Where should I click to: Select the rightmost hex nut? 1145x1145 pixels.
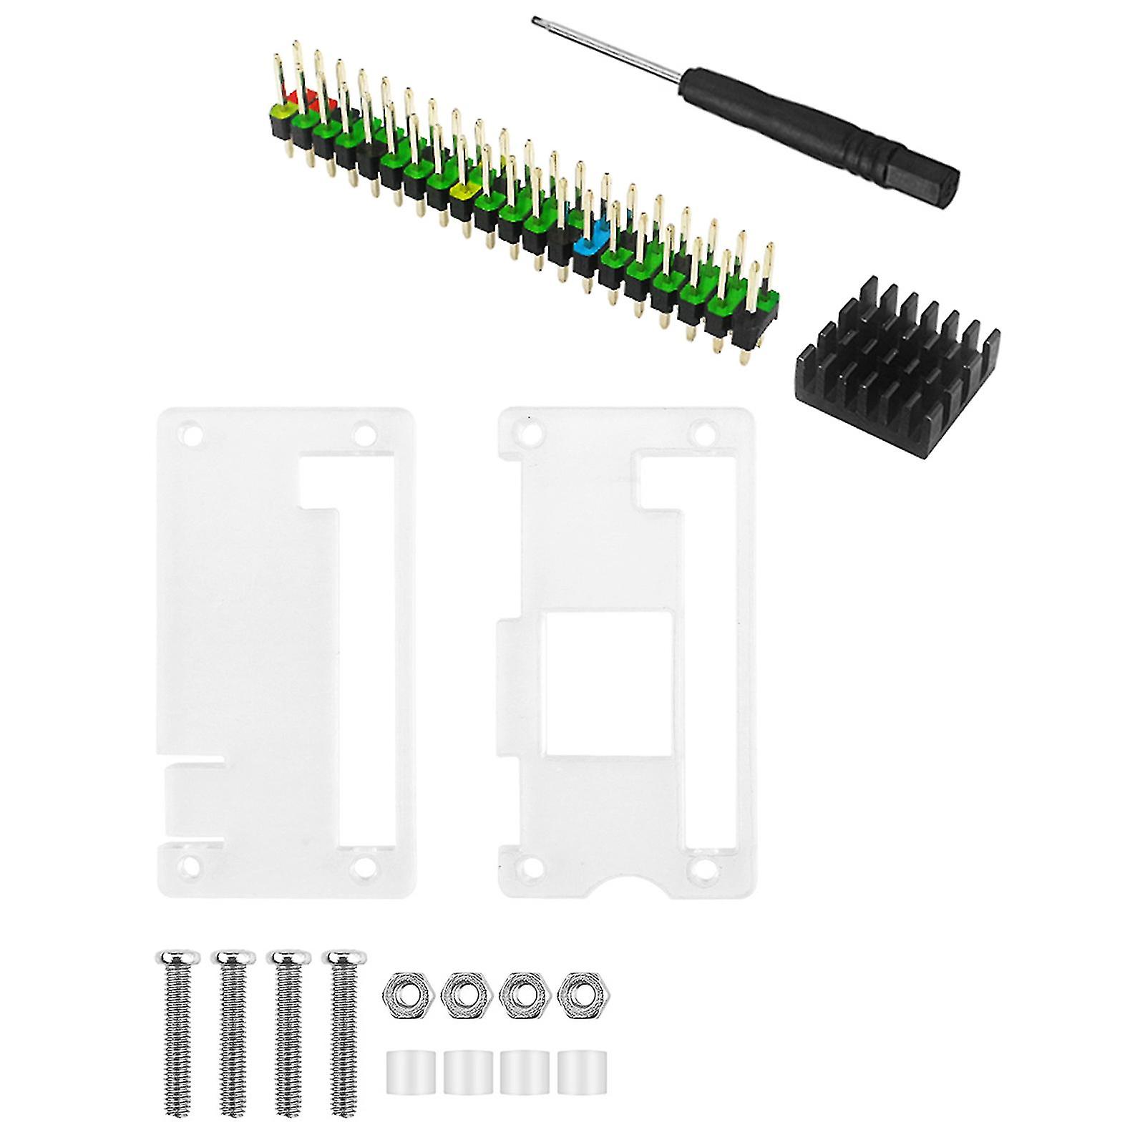(x=577, y=993)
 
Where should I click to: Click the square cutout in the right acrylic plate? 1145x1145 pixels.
(x=609, y=673)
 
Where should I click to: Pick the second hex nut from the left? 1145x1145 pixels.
(x=460, y=993)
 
